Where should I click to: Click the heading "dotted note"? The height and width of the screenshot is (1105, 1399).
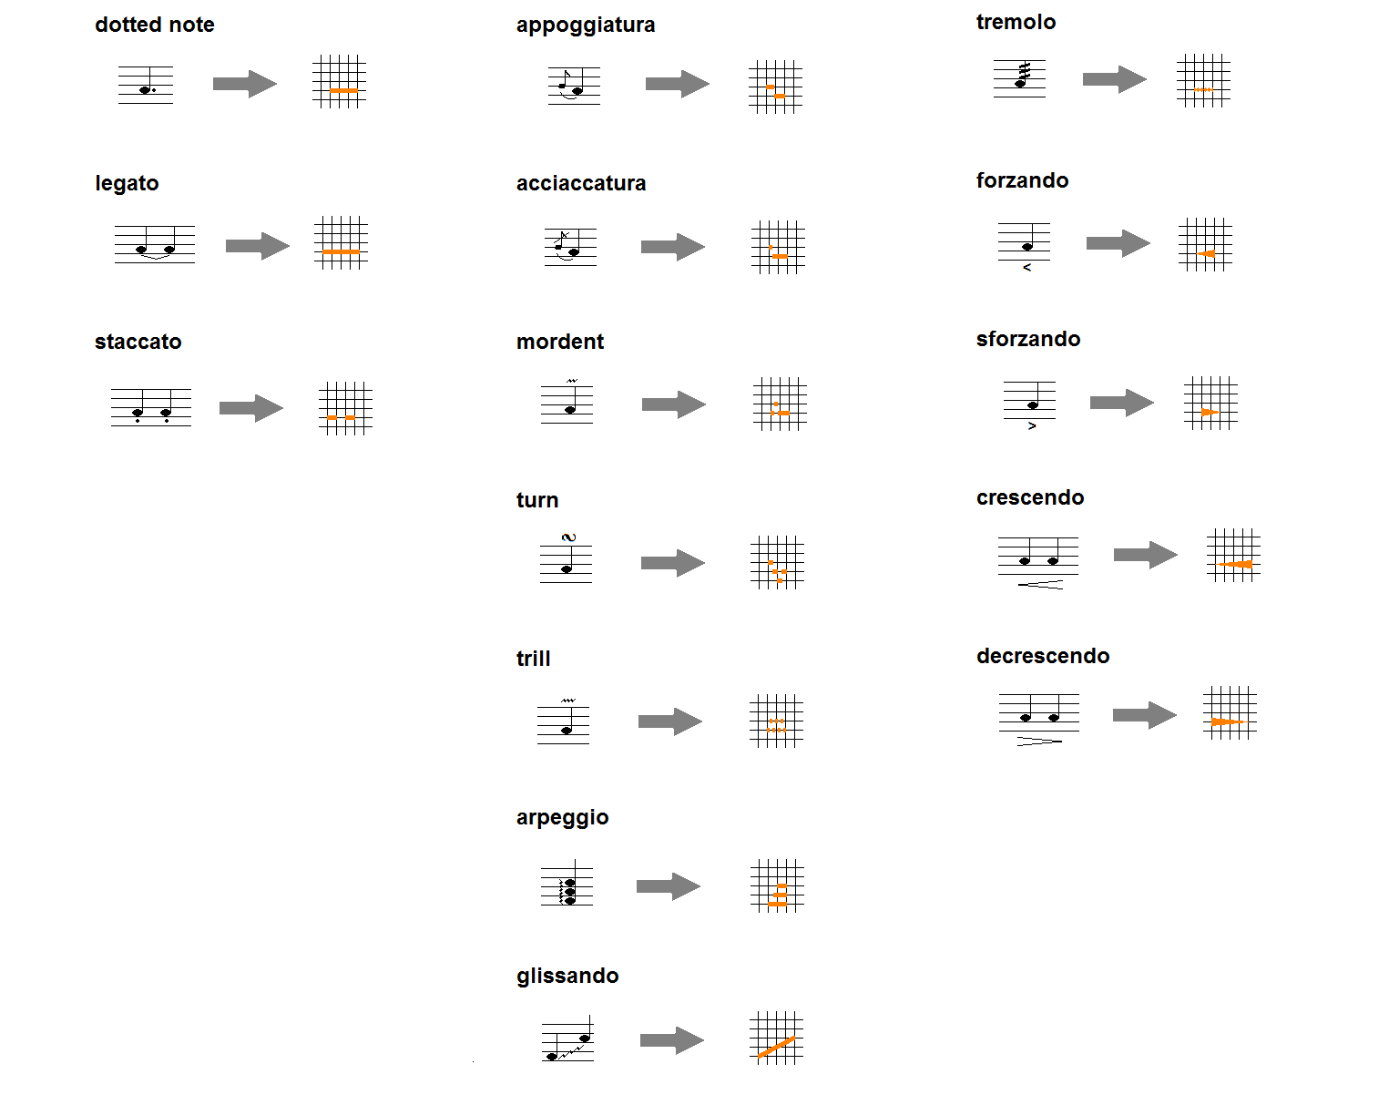[154, 25]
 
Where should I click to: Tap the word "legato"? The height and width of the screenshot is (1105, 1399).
[127, 183]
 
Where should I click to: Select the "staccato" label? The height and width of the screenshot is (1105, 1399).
[138, 342]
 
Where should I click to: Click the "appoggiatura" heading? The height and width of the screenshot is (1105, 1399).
[585, 25]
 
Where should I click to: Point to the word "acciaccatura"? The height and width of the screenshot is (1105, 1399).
[580, 183]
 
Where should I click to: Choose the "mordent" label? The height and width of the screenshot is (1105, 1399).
[559, 342]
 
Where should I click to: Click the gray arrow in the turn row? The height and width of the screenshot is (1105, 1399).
[672, 563]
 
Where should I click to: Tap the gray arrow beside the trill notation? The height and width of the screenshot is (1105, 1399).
[669, 721]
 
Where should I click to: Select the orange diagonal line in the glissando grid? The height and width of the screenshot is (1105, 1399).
[776, 1047]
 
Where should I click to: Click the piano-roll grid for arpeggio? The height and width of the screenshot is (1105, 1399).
[777, 885]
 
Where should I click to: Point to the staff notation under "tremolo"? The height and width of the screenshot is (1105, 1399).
[1019, 78]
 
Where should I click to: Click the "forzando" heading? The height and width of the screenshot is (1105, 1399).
[1022, 180]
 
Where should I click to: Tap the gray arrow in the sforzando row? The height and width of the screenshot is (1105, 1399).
[1121, 403]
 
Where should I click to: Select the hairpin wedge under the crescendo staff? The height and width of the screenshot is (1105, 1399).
[1041, 584]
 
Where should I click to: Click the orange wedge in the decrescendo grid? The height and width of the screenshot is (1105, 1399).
[1226, 721]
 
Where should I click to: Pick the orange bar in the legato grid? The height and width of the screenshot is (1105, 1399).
[341, 251]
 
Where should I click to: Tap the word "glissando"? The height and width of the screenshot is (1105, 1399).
[567, 976]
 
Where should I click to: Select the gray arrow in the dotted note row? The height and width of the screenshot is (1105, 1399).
[244, 84]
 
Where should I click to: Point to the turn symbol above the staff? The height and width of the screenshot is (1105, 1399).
[569, 537]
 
